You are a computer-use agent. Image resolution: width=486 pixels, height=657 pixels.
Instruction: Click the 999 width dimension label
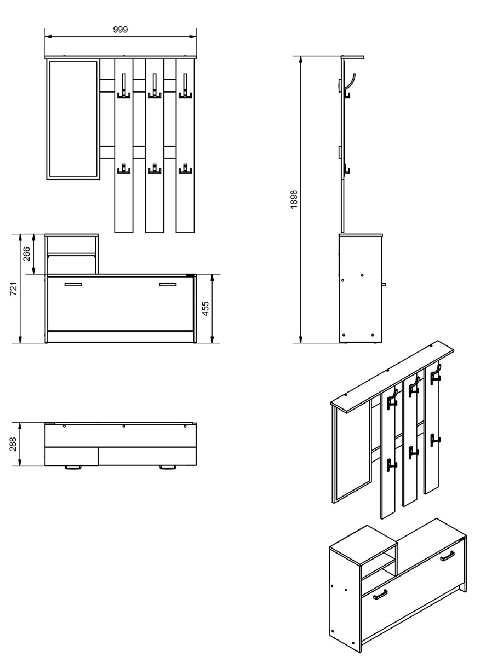tap(121, 30)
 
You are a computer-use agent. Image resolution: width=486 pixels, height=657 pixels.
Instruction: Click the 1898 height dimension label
tap(294, 199)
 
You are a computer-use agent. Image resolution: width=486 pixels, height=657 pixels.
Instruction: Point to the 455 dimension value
tap(206, 309)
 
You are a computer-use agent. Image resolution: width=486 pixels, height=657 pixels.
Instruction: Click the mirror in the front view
tap(73, 120)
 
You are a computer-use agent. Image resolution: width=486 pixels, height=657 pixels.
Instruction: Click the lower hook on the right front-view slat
tap(185, 169)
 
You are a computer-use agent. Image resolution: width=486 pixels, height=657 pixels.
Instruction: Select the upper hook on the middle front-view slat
tap(155, 88)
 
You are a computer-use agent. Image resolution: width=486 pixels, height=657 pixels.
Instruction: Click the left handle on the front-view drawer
tap(73, 284)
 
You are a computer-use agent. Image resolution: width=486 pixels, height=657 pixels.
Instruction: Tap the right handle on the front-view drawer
tap(168, 284)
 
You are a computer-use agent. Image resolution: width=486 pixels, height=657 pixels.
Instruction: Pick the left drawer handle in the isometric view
tap(380, 594)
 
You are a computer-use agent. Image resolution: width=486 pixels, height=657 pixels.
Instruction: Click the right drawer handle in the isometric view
tap(448, 556)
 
